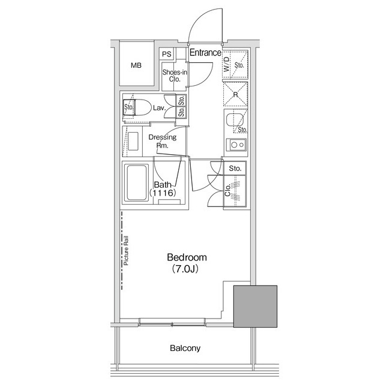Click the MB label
click(x=136, y=65)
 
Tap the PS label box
click(x=166, y=54)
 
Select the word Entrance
click(x=205, y=53)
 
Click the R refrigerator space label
click(x=235, y=94)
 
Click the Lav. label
click(x=159, y=108)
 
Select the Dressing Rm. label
click(x=162, y=141)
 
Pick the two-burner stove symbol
click(x=235, y=145)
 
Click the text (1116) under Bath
click(x=162, y=193)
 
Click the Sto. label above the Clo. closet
click(x=235, y=169)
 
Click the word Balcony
click(x=184, y=348)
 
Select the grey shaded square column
click(x=255, y=307)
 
